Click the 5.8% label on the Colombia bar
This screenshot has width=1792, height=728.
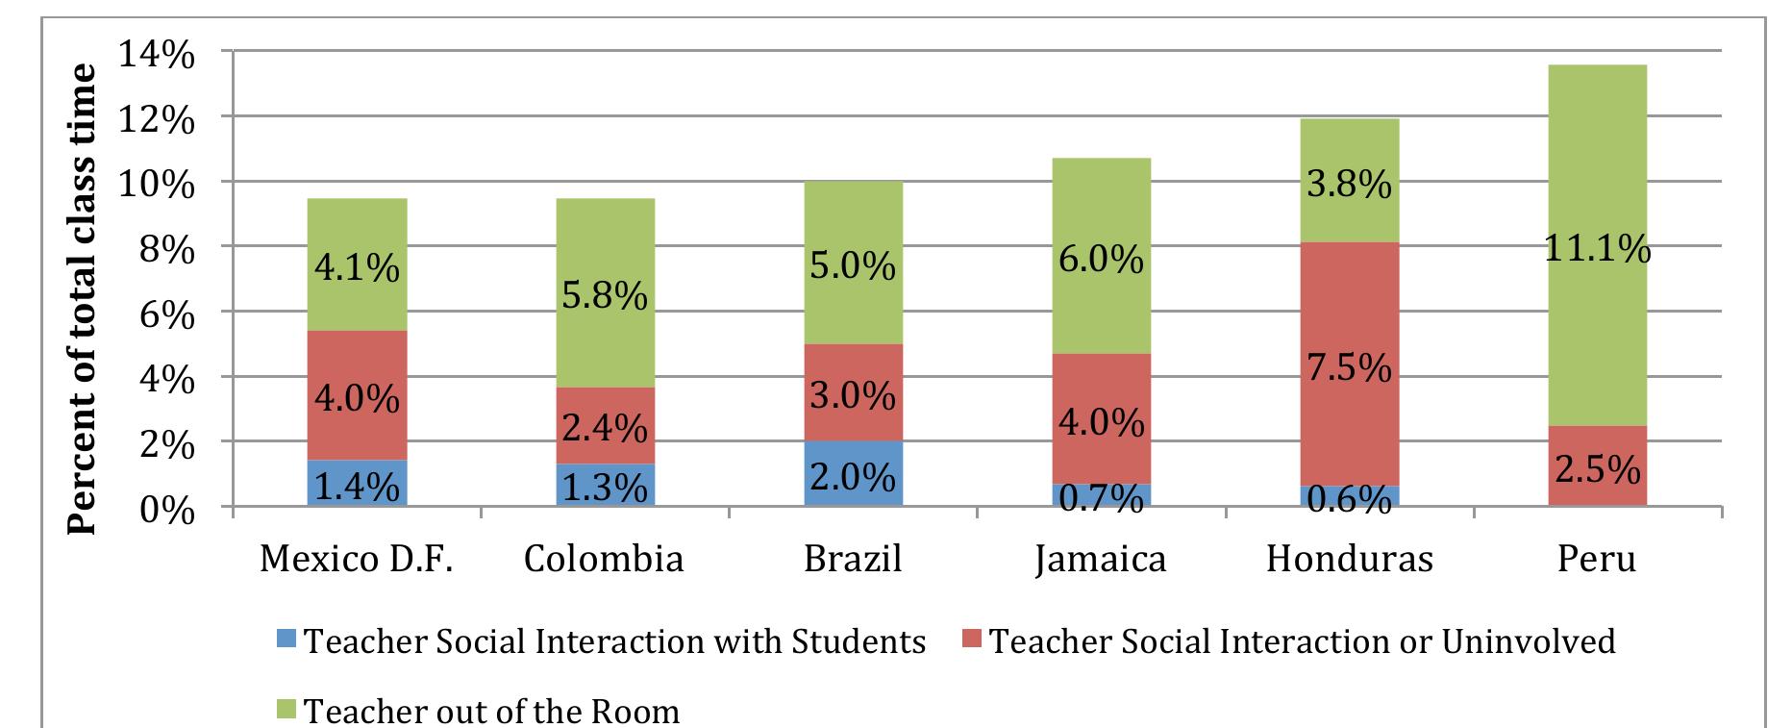(x=604, y=297)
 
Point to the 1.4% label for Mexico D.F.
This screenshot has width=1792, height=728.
(x=357, y=487)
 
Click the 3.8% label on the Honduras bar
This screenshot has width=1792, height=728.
(x=1349, y=183)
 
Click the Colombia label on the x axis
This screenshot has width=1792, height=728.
(x=604, y=559)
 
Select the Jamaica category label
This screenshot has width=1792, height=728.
(x=1101, y=559)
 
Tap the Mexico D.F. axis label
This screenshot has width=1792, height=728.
(x=357, y=559)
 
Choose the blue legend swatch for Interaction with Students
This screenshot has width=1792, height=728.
(x=286, y=641)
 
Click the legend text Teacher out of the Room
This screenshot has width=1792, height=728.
(x=491, y=712)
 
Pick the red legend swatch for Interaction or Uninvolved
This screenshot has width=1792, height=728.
(x=973, y=641)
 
